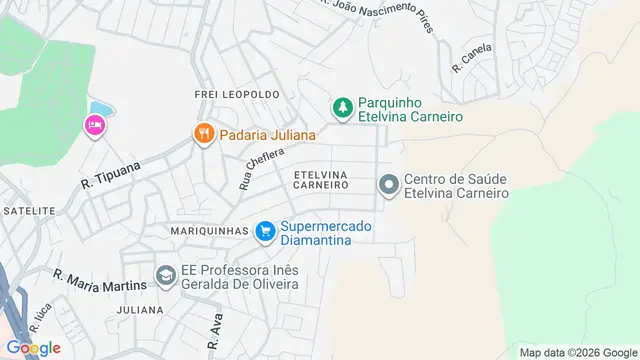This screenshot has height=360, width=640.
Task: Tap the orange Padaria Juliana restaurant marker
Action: pyautogui.click(x=204, y=134)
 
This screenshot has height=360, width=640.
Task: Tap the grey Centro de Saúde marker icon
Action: pyautogui.click(x=388, y=185)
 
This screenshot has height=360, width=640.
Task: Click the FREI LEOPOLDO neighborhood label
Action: pyautogui.click(x=236, y=94)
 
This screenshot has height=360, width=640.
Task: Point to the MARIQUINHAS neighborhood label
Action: pyautogui.click(x=211, y=231)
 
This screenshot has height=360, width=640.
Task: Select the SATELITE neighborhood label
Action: pyautogui.click(x=28, y=211)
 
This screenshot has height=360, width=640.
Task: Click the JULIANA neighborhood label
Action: pyautogui.click(x=139, y=310)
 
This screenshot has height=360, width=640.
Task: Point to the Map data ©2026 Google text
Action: pyautogui.click(x=578, y=352)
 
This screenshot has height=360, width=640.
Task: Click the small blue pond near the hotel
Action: pyautogui.click(x=101, y=109)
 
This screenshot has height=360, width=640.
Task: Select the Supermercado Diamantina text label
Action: pyautogui.click(x=325, y=233)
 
